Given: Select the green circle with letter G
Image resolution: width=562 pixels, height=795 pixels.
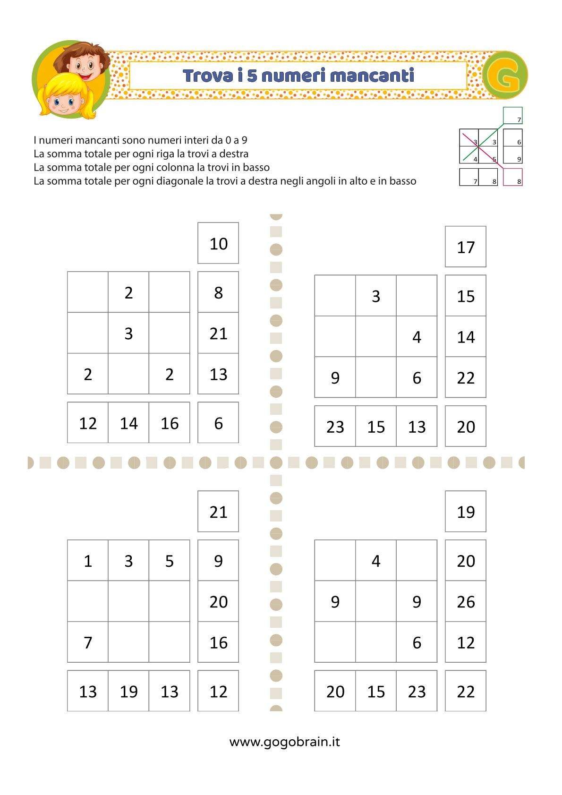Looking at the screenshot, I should (504, 75).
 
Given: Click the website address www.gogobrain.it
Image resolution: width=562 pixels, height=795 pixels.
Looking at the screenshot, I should (284, 742).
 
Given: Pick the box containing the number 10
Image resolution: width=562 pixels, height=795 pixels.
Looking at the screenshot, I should (218, 243).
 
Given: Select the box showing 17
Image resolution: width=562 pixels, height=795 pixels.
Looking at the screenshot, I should (465, 247).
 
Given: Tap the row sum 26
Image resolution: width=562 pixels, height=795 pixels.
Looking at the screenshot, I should (465, 601).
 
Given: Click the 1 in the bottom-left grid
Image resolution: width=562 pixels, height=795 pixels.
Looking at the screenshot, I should (88, 561).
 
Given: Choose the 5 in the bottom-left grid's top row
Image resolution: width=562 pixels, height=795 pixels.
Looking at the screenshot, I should (169, 561).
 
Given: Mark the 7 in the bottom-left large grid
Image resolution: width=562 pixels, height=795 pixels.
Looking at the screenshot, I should (88, 642).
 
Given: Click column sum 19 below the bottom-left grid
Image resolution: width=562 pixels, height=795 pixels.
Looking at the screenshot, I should (128, 691).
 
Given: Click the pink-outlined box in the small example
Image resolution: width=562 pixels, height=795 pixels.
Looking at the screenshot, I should (512, 177).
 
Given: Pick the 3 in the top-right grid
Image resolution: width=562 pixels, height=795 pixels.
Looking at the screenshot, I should (375, 296).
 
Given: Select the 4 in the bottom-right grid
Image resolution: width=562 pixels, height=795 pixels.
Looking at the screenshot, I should (375, 561).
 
